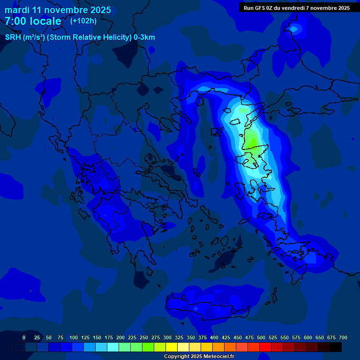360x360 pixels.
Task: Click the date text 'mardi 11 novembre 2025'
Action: point(58,10)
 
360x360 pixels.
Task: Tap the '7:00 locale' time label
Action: point(33,21)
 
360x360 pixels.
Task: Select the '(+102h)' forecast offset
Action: point(83,21)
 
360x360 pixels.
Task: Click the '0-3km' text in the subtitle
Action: point(144,37)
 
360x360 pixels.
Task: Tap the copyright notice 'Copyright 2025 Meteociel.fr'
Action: point(199,357)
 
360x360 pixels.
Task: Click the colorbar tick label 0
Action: point(24,337)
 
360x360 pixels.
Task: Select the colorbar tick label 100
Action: point(74,337)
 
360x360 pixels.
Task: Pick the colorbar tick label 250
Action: point(144,337)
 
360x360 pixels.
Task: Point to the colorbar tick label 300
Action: point(167,337)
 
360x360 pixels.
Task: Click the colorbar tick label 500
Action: point(261,337)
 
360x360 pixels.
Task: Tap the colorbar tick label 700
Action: point(343,337)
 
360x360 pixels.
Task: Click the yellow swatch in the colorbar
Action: point(172,347)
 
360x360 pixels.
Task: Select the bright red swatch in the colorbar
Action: point(265,347)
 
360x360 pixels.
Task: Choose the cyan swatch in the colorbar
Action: point(113,347)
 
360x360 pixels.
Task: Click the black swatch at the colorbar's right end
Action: point(336,347)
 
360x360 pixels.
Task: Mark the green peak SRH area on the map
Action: point(252,139)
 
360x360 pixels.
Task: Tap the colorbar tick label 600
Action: point(308,337)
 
